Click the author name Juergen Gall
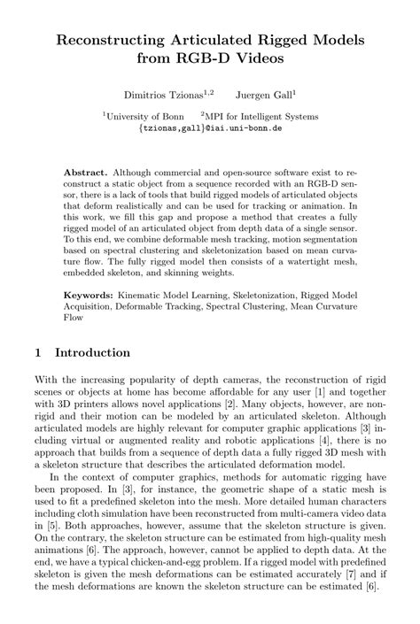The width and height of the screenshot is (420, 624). point(265,93)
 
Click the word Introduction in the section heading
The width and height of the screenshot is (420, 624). point(92,352)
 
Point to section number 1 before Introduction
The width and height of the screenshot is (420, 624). point(38,352)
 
